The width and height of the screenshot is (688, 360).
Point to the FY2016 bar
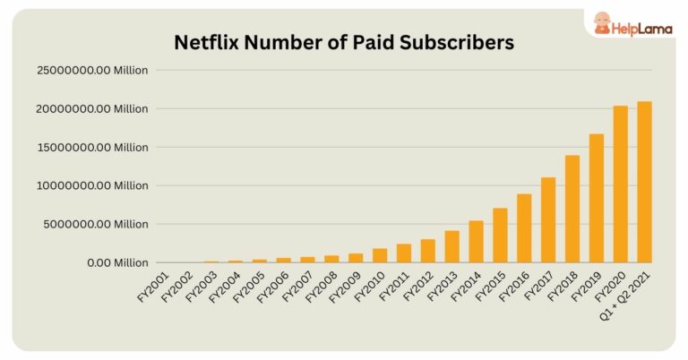524,228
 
